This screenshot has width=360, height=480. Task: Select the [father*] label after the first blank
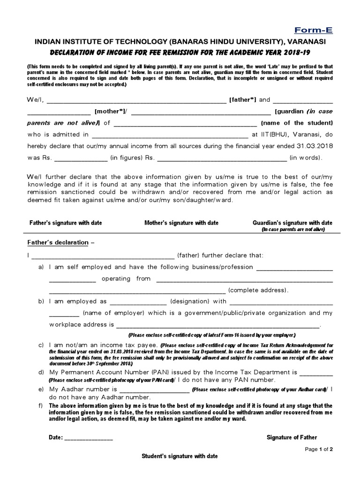tap(242, 99)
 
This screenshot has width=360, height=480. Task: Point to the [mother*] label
tap(108, 111)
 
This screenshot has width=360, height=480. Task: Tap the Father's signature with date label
tap(66, 223)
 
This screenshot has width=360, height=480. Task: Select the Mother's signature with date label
tap(181, 223)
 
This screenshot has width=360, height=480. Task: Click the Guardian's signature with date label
tap(292, 223)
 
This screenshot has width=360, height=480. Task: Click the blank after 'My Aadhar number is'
tap(154, 390)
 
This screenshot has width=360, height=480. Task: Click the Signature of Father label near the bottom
tap(292, 437)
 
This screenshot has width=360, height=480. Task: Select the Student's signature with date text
tap(180, 456)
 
